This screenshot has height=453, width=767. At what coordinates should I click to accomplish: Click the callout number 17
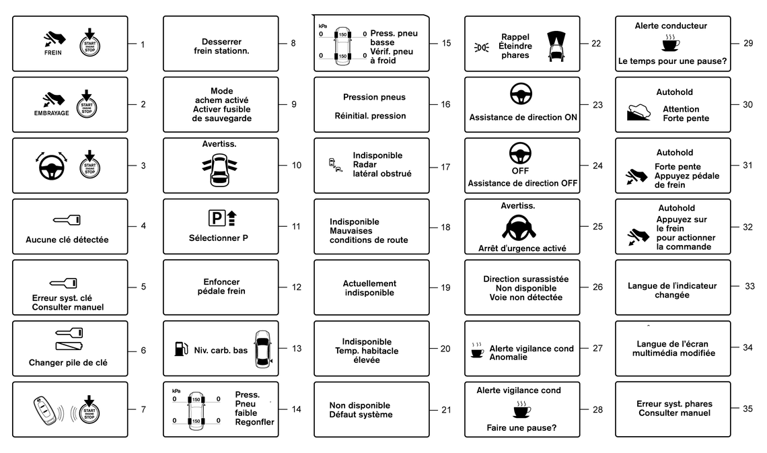[x=445, y=166]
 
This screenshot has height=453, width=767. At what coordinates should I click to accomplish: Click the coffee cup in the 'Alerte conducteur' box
[x=671, y=44]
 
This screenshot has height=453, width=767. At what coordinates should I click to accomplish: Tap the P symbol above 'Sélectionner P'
[x=217, y=218]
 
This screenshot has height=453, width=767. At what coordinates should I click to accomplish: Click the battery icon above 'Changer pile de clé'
[x=70, y=347]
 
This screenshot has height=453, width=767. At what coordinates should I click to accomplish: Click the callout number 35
[x=748, y=409]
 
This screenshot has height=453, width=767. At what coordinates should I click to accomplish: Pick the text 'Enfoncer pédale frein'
[x=220, y=287]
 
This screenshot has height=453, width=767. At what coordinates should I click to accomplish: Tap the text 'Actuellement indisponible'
[x=369, y=288]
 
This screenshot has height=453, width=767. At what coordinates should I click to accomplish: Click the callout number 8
[x=293, y=44]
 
